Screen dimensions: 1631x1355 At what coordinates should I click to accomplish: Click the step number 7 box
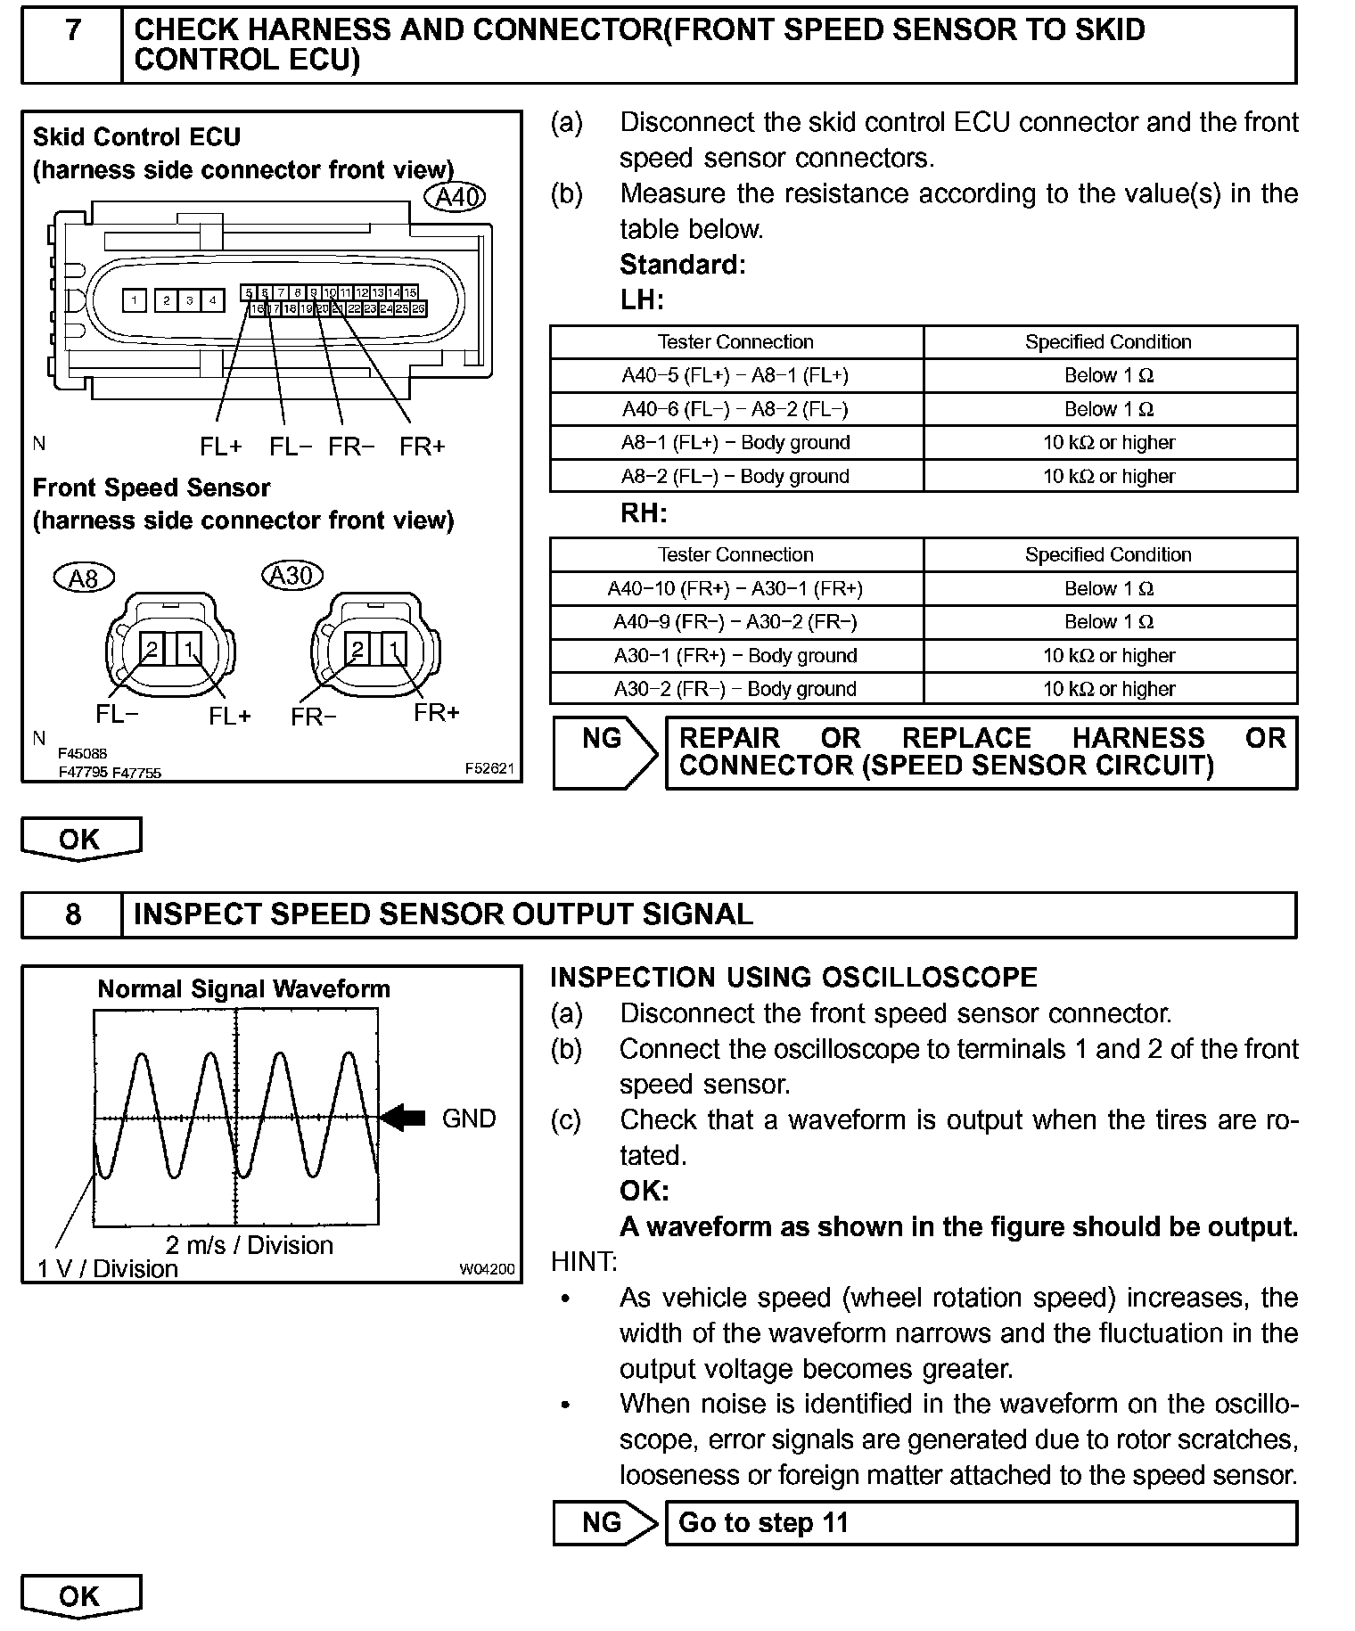tap(72, 45)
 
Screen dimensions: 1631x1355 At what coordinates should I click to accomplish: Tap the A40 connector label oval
tap(456, 197)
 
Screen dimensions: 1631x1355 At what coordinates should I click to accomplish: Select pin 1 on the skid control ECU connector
tap(135, 301)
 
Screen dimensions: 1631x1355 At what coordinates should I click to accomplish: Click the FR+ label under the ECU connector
tap(422, 447)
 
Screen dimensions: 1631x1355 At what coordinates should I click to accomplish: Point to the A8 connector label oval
tap(83, 578)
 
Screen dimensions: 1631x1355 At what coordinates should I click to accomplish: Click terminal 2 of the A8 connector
tap(152, 649)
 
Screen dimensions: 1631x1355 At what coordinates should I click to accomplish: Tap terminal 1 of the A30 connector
tap(393, 649)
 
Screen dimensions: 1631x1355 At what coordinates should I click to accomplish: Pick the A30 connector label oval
tap(292, 575)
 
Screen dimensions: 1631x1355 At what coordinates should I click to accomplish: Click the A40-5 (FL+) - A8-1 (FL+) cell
tap(735, 375)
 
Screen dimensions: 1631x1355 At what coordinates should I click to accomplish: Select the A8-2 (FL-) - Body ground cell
tap(735, 476)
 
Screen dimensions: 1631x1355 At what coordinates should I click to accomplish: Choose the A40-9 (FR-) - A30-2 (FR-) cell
tap(735, 622)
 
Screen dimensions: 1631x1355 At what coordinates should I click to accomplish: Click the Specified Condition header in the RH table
tap(1108, 554)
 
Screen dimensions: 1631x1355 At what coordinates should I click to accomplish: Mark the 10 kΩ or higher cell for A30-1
tap(1108, 656)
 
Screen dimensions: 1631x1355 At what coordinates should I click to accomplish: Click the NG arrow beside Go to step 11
tap(605, 1522)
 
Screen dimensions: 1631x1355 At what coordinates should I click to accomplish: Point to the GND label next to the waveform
tap(469, 1119)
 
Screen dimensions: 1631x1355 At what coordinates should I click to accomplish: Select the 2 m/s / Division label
tap(250, 1245)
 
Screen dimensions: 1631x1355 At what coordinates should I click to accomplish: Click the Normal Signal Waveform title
tap(243, 989)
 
